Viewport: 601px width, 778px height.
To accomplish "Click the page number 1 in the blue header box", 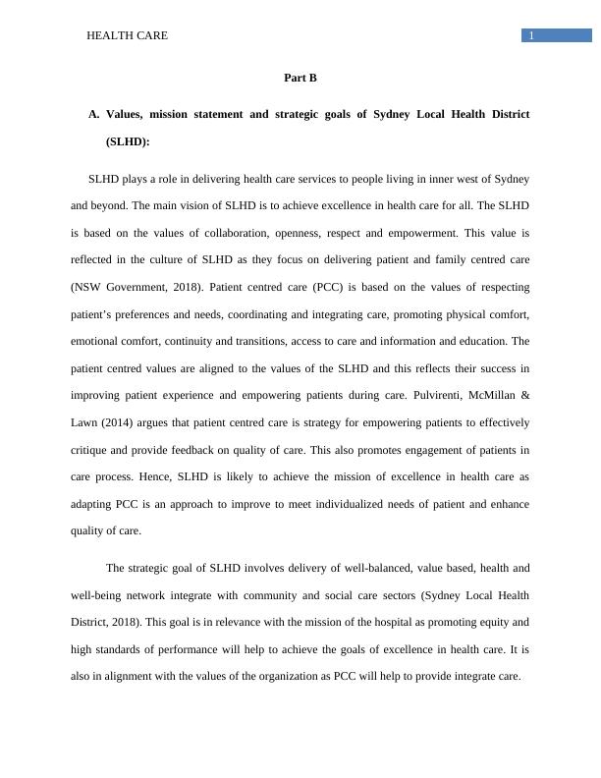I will point(531,36).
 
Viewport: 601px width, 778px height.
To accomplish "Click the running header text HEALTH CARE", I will point(127,35).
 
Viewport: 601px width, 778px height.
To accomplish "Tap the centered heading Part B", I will point(300,78).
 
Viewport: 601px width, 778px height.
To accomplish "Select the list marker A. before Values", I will point(94,115).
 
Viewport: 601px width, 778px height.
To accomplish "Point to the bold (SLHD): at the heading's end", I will point(128,141).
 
